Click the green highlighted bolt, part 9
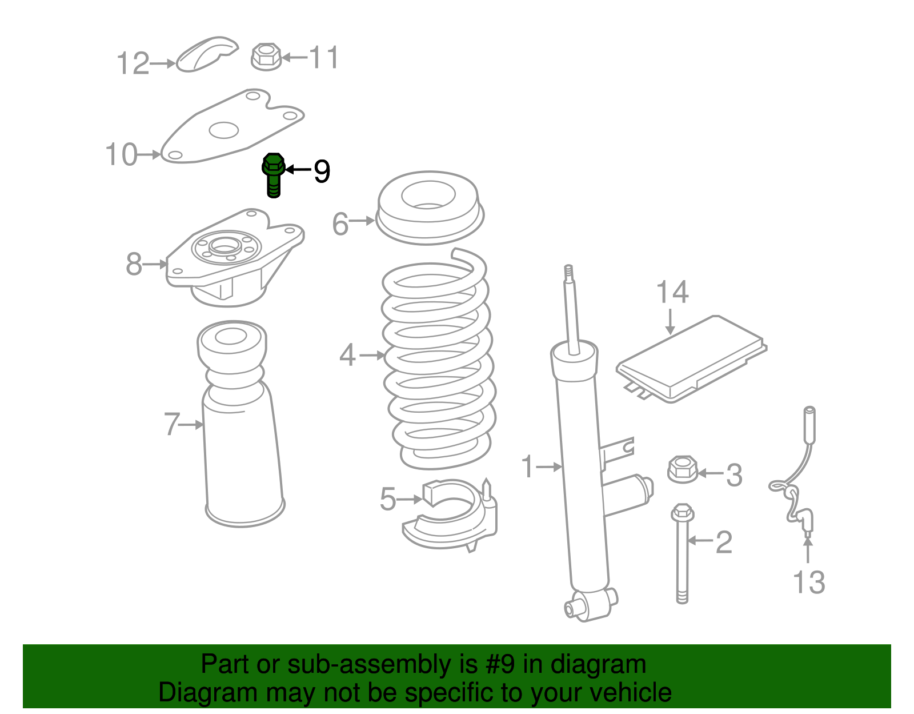coord(274,174)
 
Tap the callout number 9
coord(322,171)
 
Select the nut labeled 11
coord(266,57)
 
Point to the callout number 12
coord(133,63)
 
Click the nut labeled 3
coord(683,469)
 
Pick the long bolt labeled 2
coord(682,554)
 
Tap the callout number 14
coord(672,292)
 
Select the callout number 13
coord(809,583)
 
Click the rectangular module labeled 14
coord(691,359)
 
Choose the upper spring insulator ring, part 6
coord(430,208)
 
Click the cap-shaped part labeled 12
coord(206,54)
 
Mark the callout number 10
coord(121,154)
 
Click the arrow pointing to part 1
coord(549,466)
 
